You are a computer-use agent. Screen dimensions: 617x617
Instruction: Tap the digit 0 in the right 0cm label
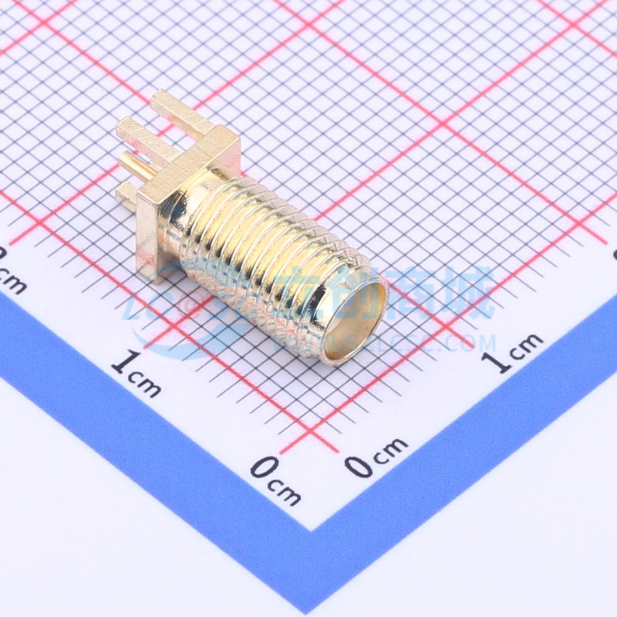point(358,465)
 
